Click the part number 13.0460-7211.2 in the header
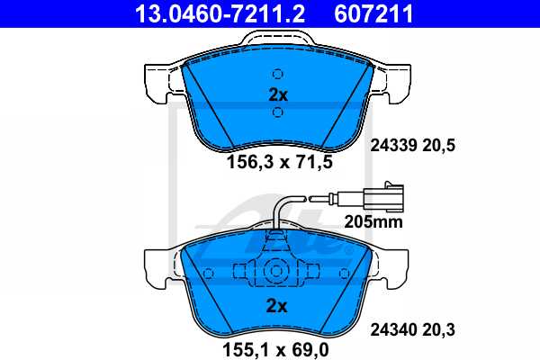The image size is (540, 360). point(211,13)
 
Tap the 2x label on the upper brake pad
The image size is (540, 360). point(277,94)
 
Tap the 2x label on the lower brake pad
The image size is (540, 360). point(277,306)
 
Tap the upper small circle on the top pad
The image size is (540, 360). point(278,74)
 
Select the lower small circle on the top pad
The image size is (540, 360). point(278,112)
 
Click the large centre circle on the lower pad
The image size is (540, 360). point(276,270)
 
